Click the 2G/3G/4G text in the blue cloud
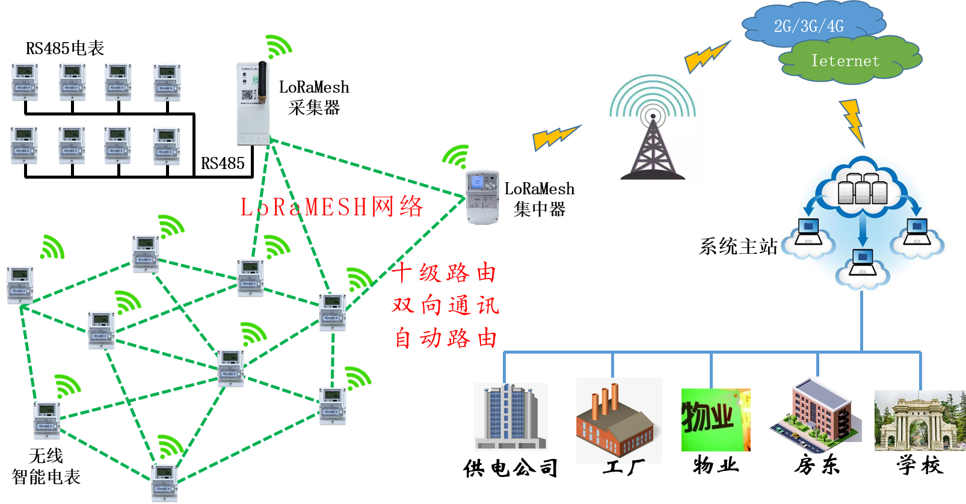point(808,26)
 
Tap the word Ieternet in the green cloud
point(845,61)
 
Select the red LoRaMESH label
point(331,207)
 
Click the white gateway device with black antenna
point(253,103)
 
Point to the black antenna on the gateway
point(262,81)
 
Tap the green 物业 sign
point(715,420)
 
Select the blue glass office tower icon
point(510,417)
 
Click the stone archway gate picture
point(919,421)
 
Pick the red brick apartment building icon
point(816,415)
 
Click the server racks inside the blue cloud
point(863,189)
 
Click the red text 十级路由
point(445,274)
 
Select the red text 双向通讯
point(445,306)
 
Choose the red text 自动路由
point(445,338)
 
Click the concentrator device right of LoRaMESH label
point(482,196)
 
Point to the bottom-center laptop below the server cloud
point(863,265)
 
